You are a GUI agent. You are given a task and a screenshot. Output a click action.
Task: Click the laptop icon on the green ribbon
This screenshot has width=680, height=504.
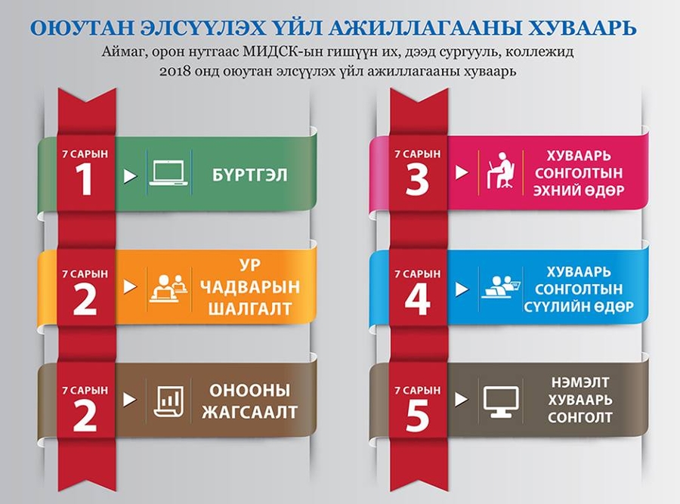click(x=168, y=174)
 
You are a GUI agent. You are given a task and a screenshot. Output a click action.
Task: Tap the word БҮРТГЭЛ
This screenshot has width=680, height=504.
click(x=250, y=175)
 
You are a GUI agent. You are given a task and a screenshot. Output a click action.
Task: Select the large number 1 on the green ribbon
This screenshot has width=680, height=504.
click(x=84, y=180)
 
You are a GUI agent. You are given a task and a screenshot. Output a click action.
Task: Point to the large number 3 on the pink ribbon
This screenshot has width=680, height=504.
click(x=417, y=180)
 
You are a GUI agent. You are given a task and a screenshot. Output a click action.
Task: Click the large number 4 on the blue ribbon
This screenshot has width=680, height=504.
click(x=417, y=298)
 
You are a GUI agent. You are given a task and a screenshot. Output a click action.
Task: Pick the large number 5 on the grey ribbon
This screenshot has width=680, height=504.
click(x=417, y=416)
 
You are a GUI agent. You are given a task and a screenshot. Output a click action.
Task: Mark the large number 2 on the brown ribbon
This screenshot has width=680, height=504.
click(x=85, y=416)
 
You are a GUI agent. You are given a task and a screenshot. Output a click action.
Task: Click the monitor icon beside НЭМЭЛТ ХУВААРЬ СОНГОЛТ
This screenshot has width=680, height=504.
click(x=501, y=402)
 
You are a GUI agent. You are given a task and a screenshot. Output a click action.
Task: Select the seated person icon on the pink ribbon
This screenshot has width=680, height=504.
click(x=500, y=170)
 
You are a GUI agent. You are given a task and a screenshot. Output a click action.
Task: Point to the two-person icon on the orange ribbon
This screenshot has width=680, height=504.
click(x=168, y=288)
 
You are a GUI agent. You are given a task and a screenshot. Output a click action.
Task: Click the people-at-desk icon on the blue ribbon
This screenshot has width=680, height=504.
click(x=501, y=286)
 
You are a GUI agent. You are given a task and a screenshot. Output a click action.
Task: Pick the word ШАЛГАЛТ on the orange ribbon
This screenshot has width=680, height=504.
click(x=250, y=309)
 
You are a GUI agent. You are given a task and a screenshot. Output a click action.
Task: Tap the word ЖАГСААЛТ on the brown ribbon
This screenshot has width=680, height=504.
click(x=250, y=412)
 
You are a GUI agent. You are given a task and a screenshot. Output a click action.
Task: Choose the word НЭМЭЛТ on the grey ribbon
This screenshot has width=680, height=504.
click(x=580, y=382)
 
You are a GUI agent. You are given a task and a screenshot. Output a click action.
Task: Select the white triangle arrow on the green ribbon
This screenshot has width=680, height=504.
click(x=130, y=176)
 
